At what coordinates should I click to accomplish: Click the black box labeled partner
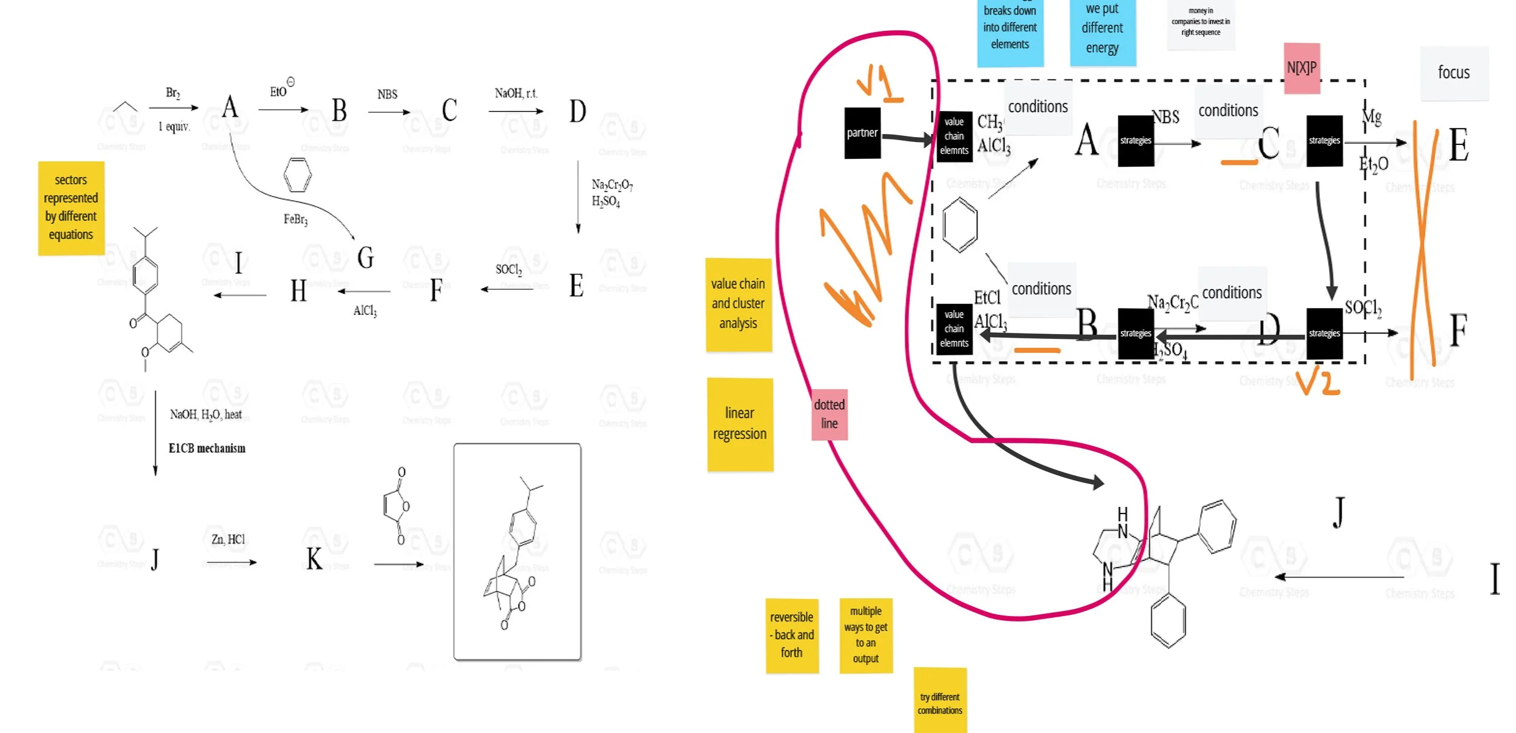(862, 133)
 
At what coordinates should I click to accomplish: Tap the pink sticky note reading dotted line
(829, 415)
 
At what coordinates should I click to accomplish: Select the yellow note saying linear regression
(740, 424)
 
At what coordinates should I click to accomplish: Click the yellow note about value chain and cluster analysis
(738, 304)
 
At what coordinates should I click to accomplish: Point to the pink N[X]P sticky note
(1301, 68)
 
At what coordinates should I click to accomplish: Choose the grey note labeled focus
(1454, 73)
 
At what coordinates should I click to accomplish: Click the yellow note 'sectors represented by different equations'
(71, 207)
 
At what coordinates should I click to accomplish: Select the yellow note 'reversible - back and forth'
(791, 635)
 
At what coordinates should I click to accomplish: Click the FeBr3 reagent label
(295, 219)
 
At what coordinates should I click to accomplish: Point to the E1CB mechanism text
(207, 449)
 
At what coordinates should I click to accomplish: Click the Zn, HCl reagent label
(228, 540)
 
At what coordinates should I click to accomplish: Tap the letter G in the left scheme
(365, 258)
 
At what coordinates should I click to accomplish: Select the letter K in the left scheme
(314, 559)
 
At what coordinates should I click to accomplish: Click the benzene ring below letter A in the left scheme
(297, 175)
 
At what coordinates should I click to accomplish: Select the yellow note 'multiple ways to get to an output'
(865, 635)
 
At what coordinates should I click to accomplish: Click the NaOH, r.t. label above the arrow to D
(515, 93)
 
